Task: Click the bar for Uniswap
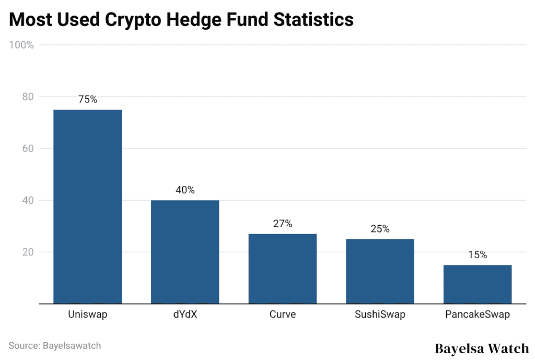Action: [88, 206]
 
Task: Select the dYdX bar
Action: [185, 252]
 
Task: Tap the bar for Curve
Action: [282, 269]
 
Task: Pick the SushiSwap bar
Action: [380, 271]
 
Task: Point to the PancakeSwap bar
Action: [477, 284]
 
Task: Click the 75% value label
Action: [88, 99]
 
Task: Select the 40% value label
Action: [185, 190]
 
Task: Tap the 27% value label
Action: [282, 224]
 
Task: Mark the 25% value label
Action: [380, 229]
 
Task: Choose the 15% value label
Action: [477, 255]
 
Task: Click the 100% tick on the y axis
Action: [21, 45]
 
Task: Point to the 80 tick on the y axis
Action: [27, 97]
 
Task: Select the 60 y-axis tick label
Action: [27, 148]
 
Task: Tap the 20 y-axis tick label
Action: [27, 252]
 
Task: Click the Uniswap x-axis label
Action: [88, 315]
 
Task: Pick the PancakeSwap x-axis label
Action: [477, 315]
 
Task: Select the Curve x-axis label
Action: [282, 315]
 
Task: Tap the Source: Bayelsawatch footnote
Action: [54, 345]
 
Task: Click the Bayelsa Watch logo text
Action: [481, 349]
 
